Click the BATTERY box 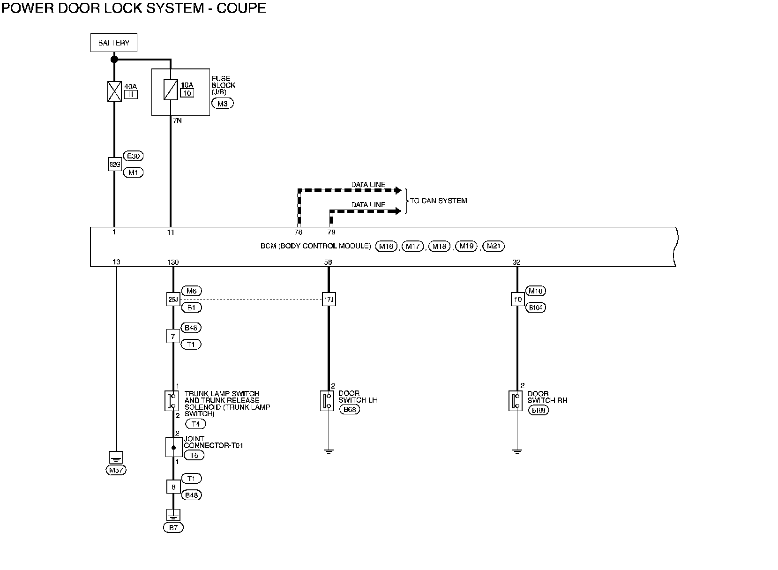point(113,43)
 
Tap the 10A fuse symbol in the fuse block point(170,90)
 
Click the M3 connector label point(222,103)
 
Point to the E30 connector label point(133,156)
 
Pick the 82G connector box point(114,164)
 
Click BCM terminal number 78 point(298,232)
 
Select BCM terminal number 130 point(173,262)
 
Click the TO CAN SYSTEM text point(439,201)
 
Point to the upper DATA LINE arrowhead point(398,191)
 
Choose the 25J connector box point(173,299)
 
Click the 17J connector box point(329,299)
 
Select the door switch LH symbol point(327,401)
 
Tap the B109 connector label point(539,410)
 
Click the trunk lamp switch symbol point(171,401)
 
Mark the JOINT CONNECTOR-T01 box point(173,447)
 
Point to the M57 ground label point(116,470)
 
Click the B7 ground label point(173,527)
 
